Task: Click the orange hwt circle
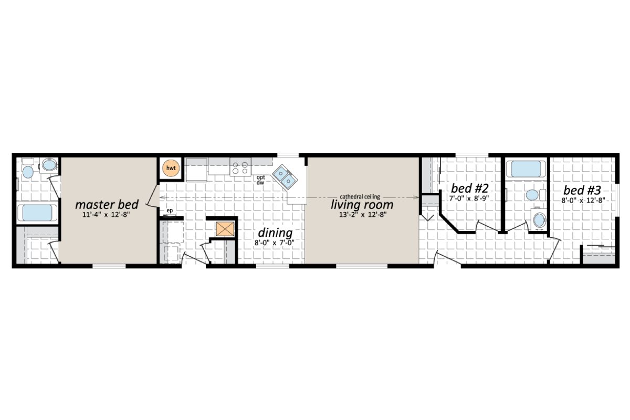[170, 168]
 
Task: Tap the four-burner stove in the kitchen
[240, 168]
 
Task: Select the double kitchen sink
[284, 176]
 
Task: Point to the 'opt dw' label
[260, 180]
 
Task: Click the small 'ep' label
[170, 211]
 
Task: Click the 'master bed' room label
[107, 204]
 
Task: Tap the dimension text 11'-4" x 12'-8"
[107, 215]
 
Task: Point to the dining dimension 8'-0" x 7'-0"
[275, 243]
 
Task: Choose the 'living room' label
[362, 204]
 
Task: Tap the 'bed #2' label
[470, 188]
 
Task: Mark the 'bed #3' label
[582, 190]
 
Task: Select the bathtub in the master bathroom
[38, 213]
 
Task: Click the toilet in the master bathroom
[49, 165]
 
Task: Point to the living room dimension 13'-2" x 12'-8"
[362, 215]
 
